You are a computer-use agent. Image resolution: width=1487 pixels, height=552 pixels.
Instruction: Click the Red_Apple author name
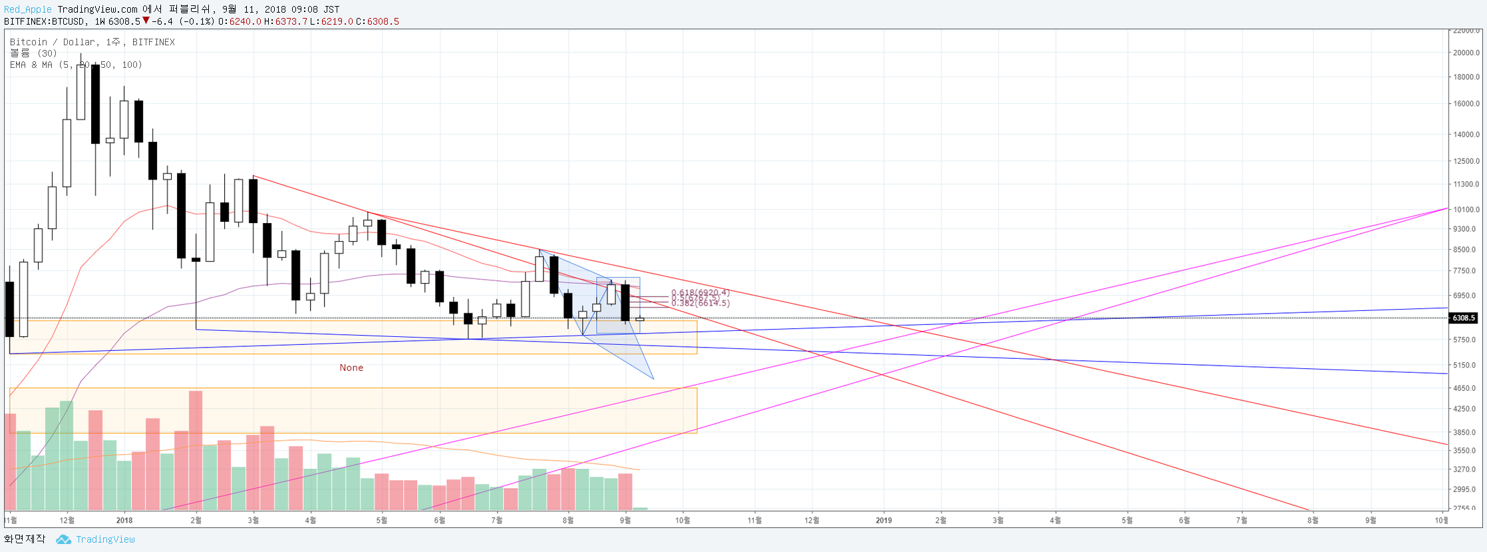[27, 9]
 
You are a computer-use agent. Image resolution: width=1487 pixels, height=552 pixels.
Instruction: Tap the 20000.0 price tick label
[1466, 53]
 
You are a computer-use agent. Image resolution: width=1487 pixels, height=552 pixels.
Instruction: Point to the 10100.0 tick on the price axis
[1466, 210]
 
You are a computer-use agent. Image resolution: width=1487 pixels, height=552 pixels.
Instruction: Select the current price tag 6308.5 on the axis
[1464, 318]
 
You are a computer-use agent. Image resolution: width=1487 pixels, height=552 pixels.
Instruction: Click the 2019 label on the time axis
[884, 520]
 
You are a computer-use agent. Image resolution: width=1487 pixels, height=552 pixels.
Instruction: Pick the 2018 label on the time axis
[124, 520]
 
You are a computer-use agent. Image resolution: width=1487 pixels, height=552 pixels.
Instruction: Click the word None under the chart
[351, 368]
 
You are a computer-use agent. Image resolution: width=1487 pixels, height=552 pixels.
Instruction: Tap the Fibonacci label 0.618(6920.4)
[700, 293]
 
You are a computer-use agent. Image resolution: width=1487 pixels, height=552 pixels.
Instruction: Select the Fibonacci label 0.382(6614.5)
[700, 304]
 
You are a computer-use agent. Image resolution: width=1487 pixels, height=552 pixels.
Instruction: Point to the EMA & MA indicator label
[76, 65]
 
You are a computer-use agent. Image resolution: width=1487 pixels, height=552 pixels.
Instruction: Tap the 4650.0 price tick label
[1466, 388]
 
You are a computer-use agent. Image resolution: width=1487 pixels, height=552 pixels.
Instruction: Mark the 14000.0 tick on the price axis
[1466, 135]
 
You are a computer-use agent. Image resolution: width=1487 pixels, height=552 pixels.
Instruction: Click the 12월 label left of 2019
[812, 520]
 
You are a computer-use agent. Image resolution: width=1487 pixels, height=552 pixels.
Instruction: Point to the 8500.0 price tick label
[1466, 250]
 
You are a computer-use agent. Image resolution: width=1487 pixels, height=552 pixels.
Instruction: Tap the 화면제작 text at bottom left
[25, 539]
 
